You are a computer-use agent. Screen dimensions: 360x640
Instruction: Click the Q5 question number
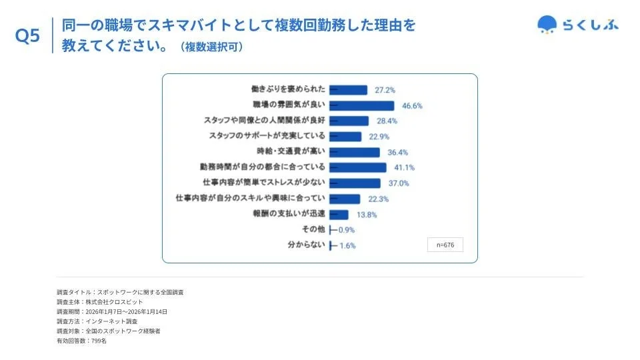28,37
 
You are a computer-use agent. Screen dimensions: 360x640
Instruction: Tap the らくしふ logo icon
548,25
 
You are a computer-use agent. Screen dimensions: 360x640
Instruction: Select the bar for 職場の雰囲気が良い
362,105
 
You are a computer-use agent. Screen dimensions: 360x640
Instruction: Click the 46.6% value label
412,106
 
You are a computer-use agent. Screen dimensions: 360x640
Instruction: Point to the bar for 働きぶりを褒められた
349,90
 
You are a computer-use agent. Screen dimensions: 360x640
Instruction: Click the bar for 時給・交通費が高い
355,152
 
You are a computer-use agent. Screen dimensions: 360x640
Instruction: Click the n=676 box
445,245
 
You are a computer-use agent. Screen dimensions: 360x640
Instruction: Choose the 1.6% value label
347,245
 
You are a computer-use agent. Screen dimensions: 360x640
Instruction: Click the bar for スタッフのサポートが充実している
345,137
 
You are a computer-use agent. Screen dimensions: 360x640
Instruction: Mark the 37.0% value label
398,183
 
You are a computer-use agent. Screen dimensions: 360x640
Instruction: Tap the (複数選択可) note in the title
211,47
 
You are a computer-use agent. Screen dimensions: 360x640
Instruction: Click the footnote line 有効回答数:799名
81,341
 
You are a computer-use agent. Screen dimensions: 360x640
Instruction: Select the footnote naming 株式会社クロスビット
100,302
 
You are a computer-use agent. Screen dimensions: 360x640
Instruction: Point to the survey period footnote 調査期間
112,311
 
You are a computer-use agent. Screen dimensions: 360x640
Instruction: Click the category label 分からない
306,245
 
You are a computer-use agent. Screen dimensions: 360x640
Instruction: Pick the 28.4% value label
387,121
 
